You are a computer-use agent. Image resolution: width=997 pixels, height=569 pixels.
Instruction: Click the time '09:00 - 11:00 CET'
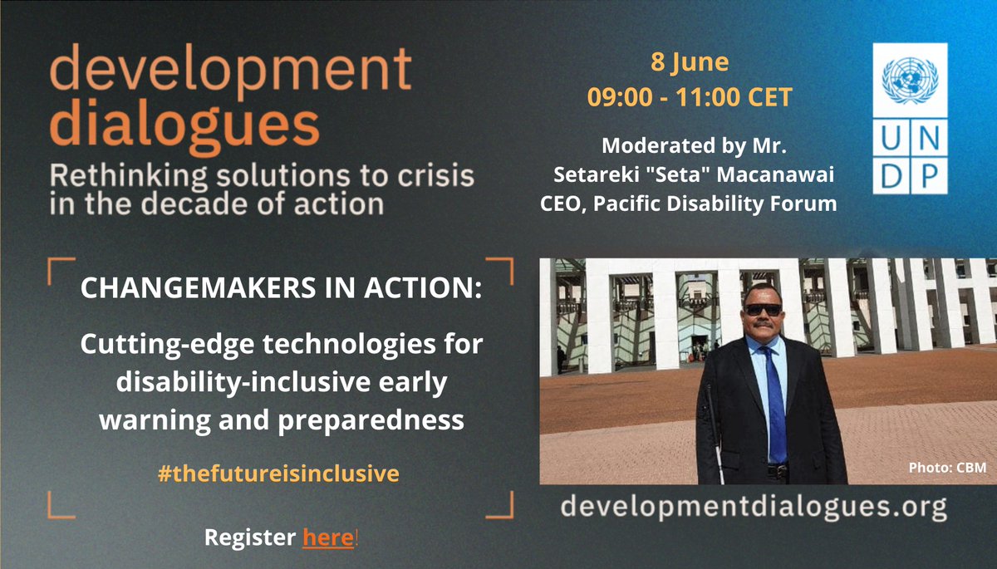[x=690, y=96]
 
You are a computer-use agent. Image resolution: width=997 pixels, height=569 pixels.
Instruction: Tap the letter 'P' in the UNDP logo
[x=930, y=174]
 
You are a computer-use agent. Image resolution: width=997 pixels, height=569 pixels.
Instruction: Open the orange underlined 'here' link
[x=328, y=539]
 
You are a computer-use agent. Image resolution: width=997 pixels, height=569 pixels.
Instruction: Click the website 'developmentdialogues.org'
[x=754, y=505]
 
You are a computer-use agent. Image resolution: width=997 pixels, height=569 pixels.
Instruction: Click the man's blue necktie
[x=775, y=399]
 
